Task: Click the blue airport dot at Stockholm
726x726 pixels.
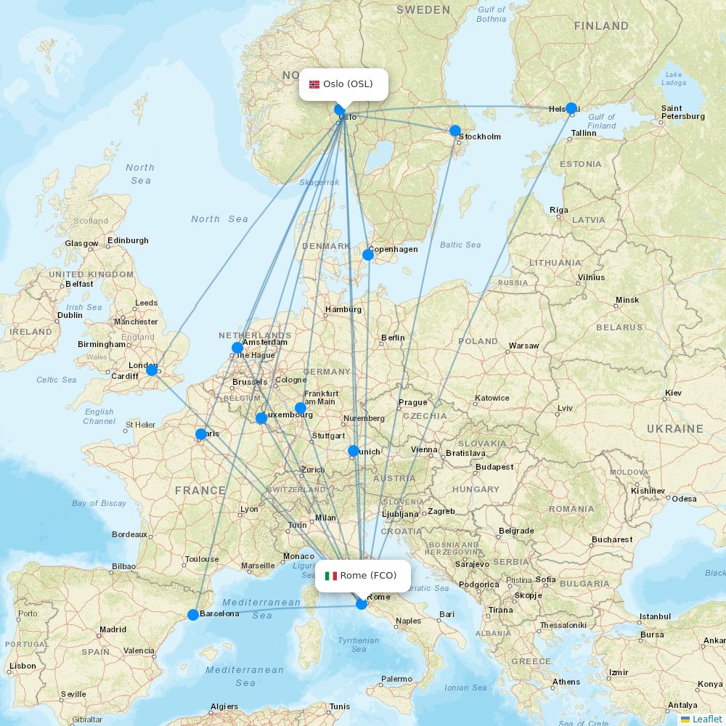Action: coord(454,131)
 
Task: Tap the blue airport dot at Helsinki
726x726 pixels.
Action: coord(571,108)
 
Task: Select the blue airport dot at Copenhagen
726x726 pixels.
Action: coord(368,254)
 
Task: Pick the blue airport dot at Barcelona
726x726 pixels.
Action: coord(193,615)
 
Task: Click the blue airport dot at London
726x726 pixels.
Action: coord(152,370)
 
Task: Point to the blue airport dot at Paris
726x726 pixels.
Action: coord(201,434)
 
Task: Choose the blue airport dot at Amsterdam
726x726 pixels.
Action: coord(237,348)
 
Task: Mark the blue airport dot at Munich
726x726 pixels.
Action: coord(354,451)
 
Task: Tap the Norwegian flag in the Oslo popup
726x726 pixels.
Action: coord(314,84)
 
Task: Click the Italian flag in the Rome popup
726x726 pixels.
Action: coord(331,576)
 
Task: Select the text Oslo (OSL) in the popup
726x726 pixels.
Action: coord(348,84)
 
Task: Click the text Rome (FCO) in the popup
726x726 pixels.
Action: coord(368,576)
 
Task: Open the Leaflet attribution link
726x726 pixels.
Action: coord(707,719)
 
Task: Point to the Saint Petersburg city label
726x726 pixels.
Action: coord(682,113)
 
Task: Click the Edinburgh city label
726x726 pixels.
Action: coord(128,240)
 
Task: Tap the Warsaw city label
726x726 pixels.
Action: coord(523,346)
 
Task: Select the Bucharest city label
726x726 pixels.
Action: coord(611,539)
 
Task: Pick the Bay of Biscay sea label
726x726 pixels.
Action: coord(99,503)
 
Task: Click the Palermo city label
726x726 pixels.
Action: coord(397,679)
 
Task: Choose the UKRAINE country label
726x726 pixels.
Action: coord(674,429)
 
